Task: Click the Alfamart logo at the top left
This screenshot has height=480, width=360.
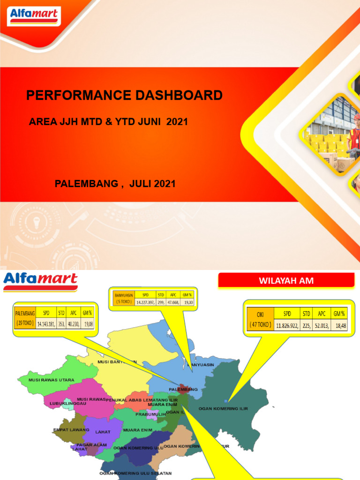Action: (34, 16)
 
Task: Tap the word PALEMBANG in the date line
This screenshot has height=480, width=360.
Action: (86, 184)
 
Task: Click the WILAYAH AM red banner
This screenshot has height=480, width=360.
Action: (286, 281)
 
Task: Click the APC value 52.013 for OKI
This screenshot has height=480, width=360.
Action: (320, 325)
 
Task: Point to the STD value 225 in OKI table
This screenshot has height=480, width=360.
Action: (306, 325)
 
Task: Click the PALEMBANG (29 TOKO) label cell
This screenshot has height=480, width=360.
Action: (25, 317)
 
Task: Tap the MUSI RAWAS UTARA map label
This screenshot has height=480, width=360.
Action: (51, 380)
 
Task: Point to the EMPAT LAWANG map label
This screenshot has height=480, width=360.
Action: (69, 429)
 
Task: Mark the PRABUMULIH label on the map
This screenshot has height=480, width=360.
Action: (150, 414)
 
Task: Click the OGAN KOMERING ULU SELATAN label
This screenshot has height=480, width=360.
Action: (135, 473)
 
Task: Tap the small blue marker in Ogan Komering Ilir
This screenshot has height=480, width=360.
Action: (226, 401)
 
